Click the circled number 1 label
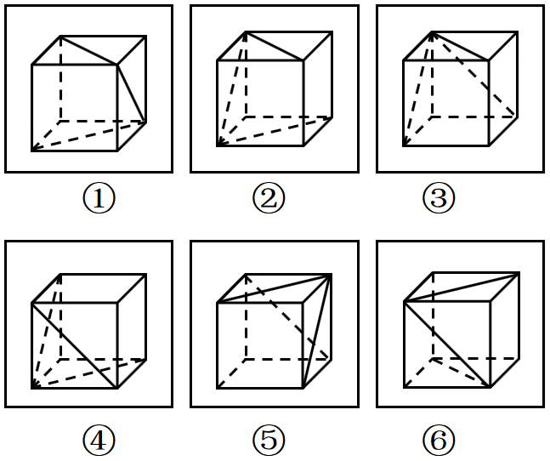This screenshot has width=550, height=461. pyautogui.click(x=99, y=198)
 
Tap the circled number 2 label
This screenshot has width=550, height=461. pyautogui.click(x=269, y=198)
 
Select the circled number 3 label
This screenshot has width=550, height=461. pyautogui.click(x=439, y=198)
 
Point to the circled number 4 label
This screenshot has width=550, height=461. pyautogui.click(x=99, y=439)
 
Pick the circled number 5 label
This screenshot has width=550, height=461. pyautogui.click(x=269, y=439)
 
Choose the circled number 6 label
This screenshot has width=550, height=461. pyautogui.click(x=439, y=439)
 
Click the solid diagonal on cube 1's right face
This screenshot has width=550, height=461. pyautogui.click(x=132, y=94)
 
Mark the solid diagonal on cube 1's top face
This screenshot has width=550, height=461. pyautogui.click(x=88, y=50)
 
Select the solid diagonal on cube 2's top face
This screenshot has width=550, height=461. pyautogui.click(x=275, y=46)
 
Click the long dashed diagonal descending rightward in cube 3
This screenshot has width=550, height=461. pyautogui.click(x=474, y=74)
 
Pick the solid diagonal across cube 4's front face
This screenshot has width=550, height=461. pyautogui.click(x=74, y=345)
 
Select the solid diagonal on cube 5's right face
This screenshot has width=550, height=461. pyautogui.click(x=317, y=332)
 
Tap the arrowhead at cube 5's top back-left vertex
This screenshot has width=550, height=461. pyautogui.click(x=247, y=278)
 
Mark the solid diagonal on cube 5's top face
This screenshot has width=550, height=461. pyautogui.click(x=275, y=288)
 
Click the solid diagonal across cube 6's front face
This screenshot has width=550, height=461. pyautogui.click(x=447, y=344)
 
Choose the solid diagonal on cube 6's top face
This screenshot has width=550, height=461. pyautogui.click(x=462, y=287)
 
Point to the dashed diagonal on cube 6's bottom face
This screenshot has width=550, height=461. pyautogui.click(x=462, y=373)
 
